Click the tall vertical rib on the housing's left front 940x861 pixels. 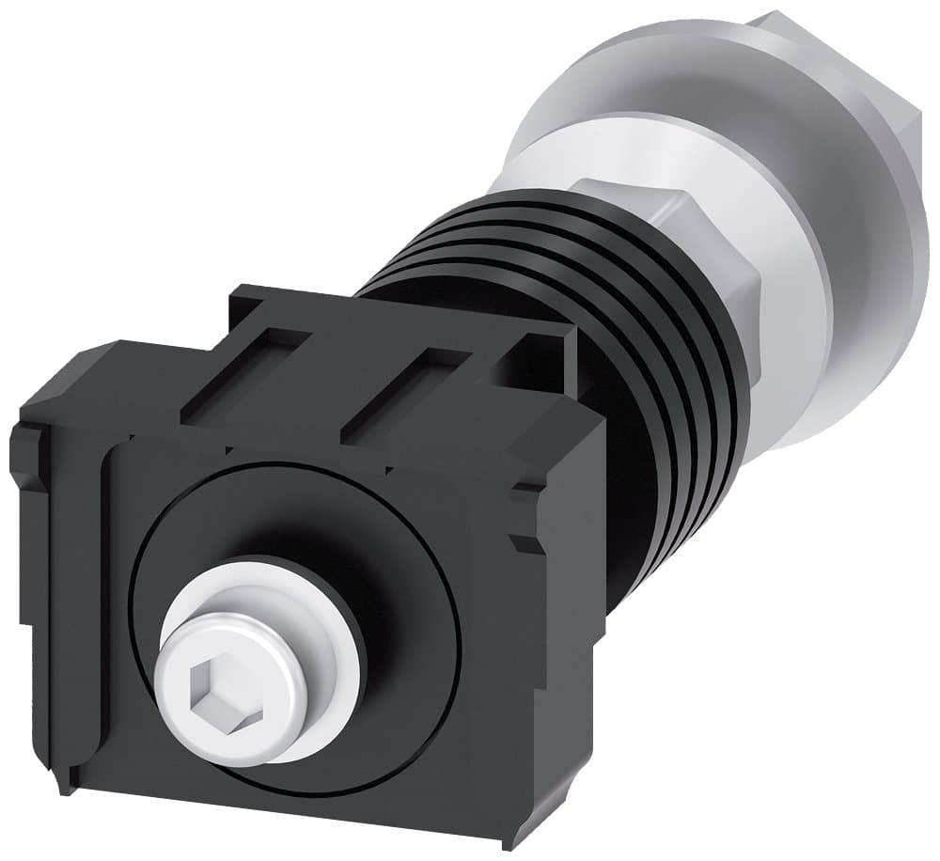point(108,602)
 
